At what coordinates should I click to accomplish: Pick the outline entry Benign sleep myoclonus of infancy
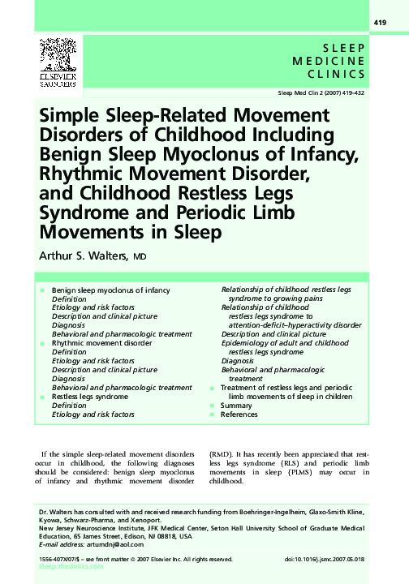[x=110, y=290]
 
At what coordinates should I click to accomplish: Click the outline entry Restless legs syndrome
[x=89, y=397]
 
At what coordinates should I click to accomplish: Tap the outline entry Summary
[x=237, y=406]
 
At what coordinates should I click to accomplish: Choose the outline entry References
[x=239, y=414]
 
